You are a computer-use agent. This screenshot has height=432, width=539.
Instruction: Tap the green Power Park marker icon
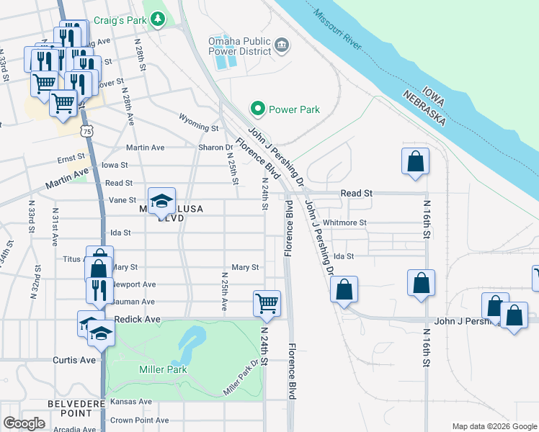[258, 109]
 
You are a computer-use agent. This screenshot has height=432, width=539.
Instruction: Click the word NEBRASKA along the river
[424, 105]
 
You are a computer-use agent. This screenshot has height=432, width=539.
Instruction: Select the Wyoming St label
[198, 127]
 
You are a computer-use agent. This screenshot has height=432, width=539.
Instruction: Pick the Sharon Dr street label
[214, 148]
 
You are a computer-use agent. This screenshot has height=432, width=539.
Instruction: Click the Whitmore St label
[344, 223]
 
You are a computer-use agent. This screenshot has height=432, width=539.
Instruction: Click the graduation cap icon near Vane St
[162, 199]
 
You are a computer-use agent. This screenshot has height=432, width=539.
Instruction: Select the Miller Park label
[162, 369]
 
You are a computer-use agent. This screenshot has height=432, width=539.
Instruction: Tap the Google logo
[24, 423]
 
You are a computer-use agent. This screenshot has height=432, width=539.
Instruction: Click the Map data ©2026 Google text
[494, 426]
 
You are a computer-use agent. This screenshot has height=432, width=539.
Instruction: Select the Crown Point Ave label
[139, 420]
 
